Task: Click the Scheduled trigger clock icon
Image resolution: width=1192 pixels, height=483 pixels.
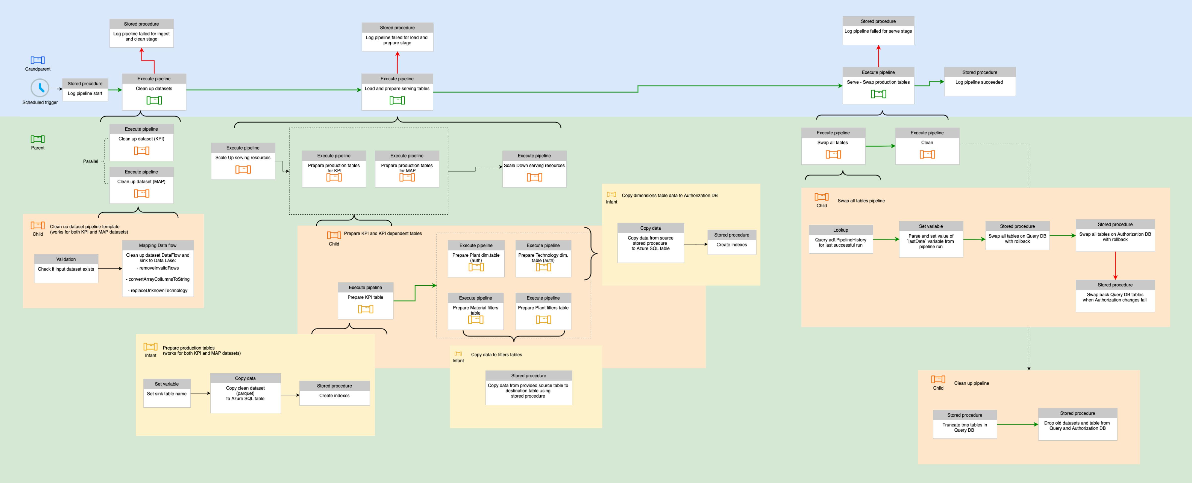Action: (x=40, y=88)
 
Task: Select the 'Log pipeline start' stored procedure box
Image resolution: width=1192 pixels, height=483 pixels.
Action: (x=85, y=90)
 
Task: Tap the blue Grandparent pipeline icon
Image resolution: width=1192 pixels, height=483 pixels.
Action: (x=37, y=60)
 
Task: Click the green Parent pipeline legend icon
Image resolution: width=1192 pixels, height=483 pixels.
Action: (x=37, y=139)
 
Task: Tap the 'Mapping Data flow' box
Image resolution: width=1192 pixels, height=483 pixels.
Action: (x=158, y=268)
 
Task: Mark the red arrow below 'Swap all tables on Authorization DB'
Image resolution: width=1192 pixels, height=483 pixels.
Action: (x=1115, y=266)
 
